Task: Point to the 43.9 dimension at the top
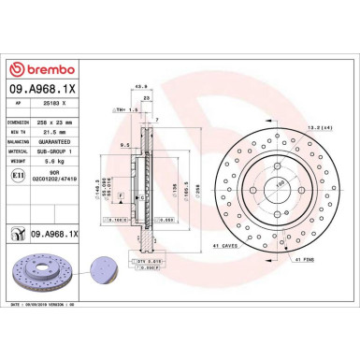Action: pos(142,87)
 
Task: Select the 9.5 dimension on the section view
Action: pos(124,146)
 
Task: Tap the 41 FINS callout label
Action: pos(308,259)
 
